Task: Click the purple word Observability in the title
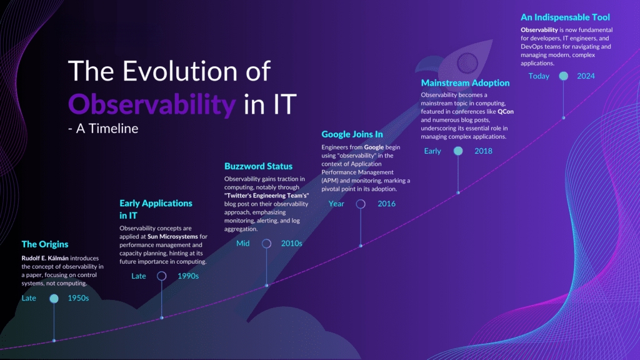(x=152, y=104)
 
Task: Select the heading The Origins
(x=45, y=244)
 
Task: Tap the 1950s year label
(x=78, y=298)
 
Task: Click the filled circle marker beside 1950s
(x=54, y=298)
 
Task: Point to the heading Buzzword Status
(x=258, y=166)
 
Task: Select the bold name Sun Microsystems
(x=172, y=236)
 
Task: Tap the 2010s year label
(x=291, y=243)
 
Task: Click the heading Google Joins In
(x=352, y=134)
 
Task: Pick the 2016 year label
(x=386, y=204)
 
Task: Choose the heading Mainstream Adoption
(x=465, y=83)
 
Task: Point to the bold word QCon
(x=506, y=111)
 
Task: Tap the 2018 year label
(x=483, y=151)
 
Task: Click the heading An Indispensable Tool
(x=565, y=17)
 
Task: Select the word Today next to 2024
(x=539, y=76)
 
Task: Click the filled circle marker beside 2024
(x=563, y=76)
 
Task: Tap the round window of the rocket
(x=467, y=63)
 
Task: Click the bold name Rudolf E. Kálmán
(x=45, y=258)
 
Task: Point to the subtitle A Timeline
(x=107, y=129)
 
